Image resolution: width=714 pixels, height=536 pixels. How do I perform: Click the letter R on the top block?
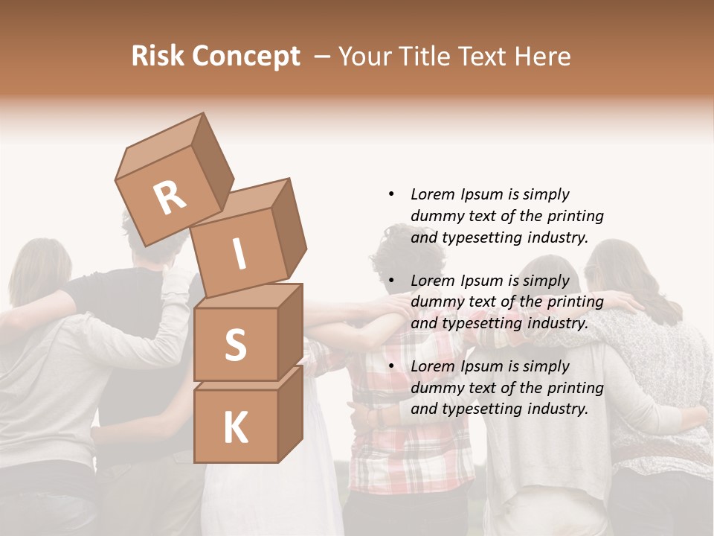click(170, 198)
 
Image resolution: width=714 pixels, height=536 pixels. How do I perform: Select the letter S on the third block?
click(235, 345)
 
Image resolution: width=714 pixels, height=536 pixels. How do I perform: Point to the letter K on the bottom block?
click(235, 428)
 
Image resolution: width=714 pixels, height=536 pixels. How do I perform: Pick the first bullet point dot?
click(391, 194)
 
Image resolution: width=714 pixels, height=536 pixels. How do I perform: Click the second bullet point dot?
click(391, 281)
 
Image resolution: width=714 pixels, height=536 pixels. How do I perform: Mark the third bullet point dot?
click(391, 366)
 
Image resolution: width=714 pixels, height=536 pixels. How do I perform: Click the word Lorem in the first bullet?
click(431, 194)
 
